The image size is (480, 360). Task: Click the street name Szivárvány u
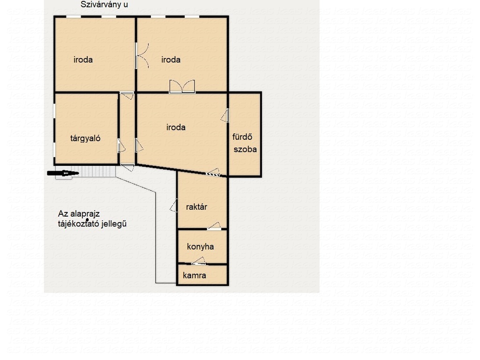coord(104,5)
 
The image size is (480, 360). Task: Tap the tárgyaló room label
coord(85,138)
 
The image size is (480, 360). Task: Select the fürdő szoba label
coord(244,143)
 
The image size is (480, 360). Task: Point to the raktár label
coord(196,207)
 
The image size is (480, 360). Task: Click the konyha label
coord(200,247)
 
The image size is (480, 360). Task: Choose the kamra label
coord(195,276)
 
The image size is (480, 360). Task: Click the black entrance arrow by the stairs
coord(63,173)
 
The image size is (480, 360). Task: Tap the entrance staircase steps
coord(93,171)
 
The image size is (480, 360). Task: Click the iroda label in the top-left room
coord(83,60)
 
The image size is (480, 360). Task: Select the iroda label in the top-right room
coord(171,60)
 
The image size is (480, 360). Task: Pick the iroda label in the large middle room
coord(176,127)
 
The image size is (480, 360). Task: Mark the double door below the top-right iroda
coord(182,87)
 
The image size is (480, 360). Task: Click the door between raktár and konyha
coord(214,226)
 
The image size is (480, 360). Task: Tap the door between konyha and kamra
coord(199,261)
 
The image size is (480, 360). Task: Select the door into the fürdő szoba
coord(225,115)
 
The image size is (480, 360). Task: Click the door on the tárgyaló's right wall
coord(121,146)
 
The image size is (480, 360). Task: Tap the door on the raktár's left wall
coord(173,205)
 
